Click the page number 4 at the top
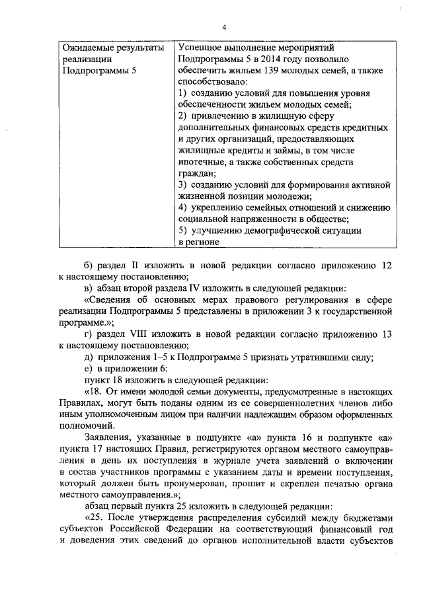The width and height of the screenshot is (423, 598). coord(225,27)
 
